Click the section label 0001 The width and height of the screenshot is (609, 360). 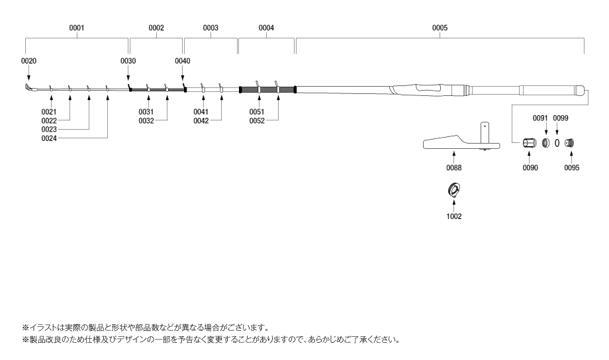[x=77, y=28]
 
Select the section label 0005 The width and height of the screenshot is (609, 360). [x=440, y=28]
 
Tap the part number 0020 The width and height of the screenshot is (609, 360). [x=28, y=61]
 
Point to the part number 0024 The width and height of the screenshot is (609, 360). [x=49, y=139]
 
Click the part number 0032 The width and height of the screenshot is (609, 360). [x=146, y=121]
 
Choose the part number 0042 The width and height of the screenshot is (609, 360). [x=201, y=121]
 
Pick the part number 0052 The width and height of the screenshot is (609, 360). [x=257, y=121]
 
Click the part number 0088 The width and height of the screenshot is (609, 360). [x=453, y=168]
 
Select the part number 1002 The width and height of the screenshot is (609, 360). [x=453, y=216]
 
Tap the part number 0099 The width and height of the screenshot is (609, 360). [x=561, y=118]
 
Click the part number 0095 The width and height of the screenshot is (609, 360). [x=572, y=168]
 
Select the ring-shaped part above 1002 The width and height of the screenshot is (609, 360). [x=454, y=189]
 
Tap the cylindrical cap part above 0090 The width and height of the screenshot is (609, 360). [x=530, y=143]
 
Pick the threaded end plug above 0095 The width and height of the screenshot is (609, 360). [x=569, y=143]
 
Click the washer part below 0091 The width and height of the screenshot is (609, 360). [x=545, y=143]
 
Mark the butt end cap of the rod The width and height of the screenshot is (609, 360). [x=581, y=90]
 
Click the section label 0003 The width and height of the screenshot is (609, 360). [x=211, y=28]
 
